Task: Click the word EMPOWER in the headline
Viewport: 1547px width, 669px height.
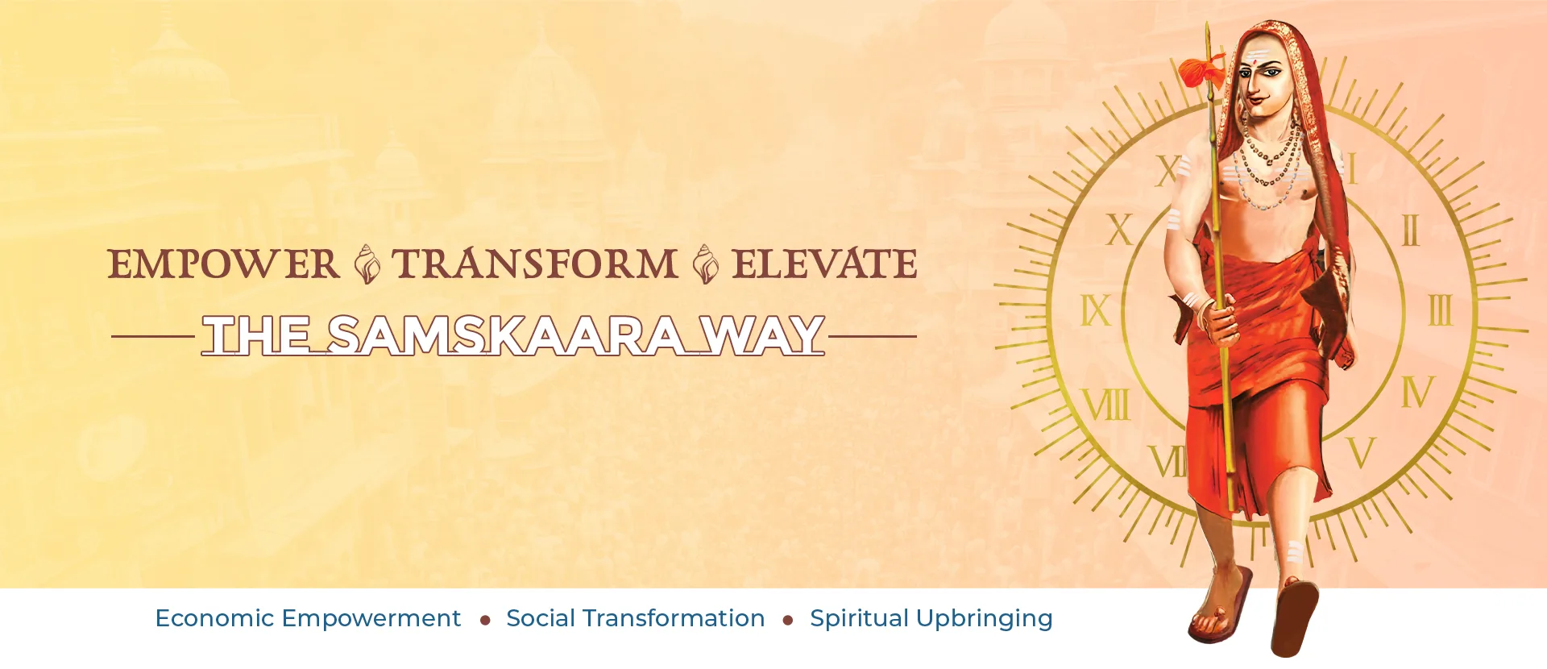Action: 223,264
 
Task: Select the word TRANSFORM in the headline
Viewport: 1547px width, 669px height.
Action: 534,264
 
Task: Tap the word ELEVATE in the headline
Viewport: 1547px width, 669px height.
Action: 824,264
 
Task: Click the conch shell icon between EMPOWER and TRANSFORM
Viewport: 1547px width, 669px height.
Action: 367,264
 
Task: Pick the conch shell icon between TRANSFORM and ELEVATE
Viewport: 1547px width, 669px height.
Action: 705,264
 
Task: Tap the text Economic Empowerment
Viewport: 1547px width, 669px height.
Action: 308,618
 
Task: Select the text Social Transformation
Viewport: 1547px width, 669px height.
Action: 635,618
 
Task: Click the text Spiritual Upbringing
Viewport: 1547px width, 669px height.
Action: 931,619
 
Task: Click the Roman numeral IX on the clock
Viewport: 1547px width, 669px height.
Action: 1096,310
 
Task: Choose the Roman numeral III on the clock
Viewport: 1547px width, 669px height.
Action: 1441,310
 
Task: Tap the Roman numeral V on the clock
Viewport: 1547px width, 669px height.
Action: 1361,453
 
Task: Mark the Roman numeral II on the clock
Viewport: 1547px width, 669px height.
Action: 1410,231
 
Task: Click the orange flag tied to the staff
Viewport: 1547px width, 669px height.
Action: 1201,71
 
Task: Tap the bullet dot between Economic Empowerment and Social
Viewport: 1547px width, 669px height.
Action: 485,620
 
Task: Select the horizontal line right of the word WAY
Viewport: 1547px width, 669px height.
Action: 873,336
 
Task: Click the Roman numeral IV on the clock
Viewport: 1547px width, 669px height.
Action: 1418,392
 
